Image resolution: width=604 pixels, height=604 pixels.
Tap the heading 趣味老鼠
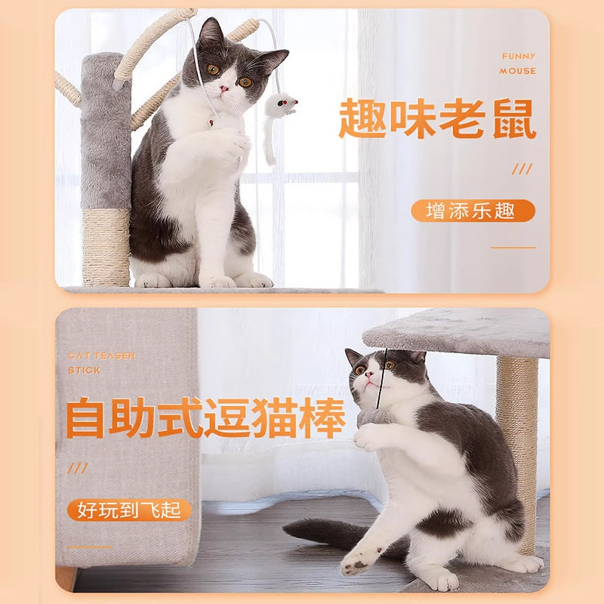(x=437, y=119)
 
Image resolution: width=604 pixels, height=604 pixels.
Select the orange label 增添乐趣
(x=473, y=211)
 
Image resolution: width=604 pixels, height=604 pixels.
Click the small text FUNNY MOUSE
(x=518, y=63)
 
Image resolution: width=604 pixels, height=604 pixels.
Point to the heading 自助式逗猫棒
(x=205, y=419)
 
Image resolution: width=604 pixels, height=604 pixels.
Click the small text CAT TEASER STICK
(x=102, y=363)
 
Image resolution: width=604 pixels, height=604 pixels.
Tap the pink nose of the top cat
(x=224, y=90)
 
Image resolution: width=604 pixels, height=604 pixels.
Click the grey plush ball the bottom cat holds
(x=374, y=418)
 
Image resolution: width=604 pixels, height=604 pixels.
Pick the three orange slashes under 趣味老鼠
(x=522, y=169)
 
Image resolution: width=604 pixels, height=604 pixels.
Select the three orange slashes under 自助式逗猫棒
(x=78, y=468)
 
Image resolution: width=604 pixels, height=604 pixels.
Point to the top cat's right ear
(x=272, y=58)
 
